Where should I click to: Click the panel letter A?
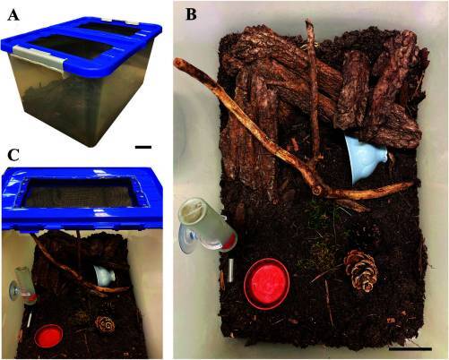(13, 15)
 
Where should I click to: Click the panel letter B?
(191, 14)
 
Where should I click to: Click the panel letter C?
(13, 155)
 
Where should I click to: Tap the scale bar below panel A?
(143, 147)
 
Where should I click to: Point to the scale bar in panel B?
(410, 348)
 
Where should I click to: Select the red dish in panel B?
(266, 283)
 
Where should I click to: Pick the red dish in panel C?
(48, 337)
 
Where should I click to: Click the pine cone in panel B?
(361, 271)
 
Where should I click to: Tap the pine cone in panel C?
(105, 324)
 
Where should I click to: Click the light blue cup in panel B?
(366, 159)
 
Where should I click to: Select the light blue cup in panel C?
(105, 277)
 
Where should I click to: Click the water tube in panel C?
(26, 286)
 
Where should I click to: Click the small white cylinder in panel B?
(230, 270)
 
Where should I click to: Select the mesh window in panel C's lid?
(80, 193)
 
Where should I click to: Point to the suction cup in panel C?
(13, 289)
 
